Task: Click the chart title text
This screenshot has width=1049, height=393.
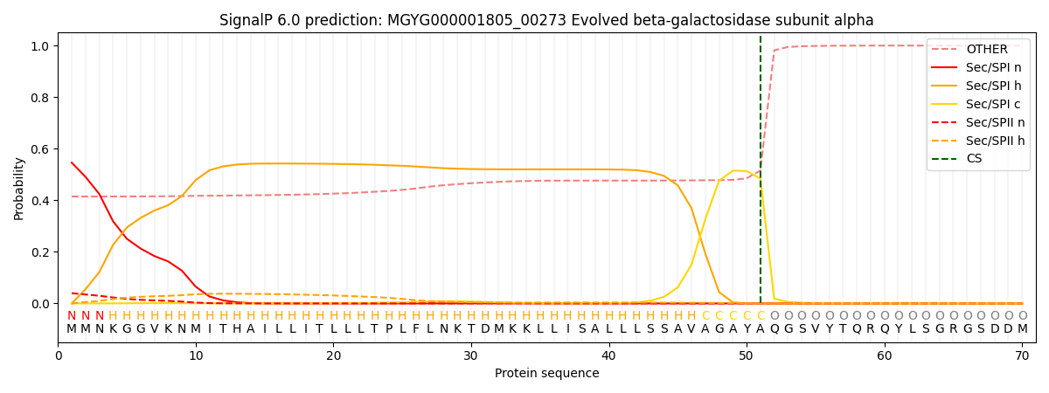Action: (546, 20)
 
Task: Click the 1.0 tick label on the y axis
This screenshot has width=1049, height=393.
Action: (41, 46)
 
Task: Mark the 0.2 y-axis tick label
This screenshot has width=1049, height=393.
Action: (41, 252)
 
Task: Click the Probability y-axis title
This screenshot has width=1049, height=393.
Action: (19, 188)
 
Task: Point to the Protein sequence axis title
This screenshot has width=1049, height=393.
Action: (546, 374)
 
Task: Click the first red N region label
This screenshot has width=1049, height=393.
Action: (72, 316)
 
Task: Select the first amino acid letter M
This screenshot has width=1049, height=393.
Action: (72, 329)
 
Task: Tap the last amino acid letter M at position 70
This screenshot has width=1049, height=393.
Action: (1022, 329)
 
